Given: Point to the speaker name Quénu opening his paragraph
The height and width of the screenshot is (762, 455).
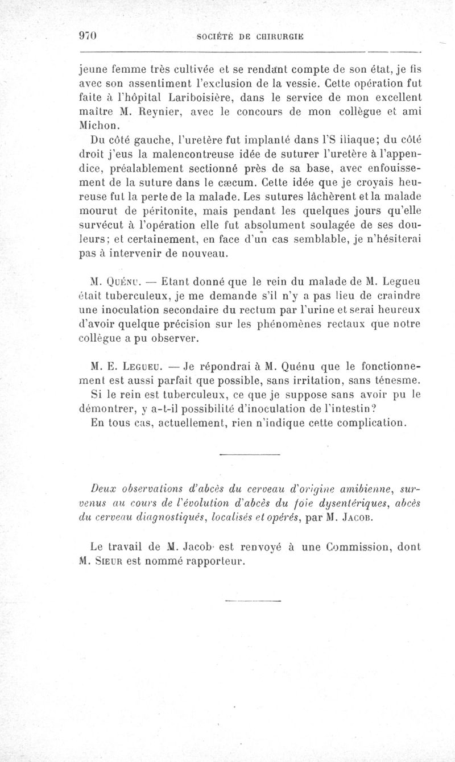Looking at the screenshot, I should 127,280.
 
